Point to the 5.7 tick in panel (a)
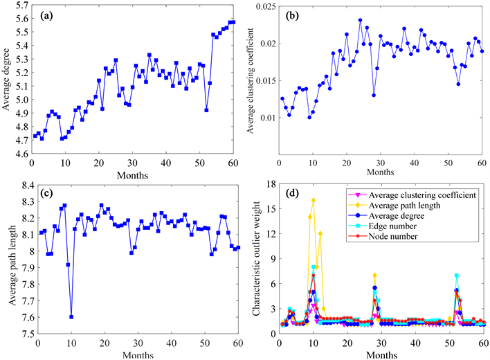pyautogui.click(x=21, y=5)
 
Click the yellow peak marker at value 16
pyautogui.click(x=314, y=200)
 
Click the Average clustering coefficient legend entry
pyautogui.click(x=416, y=196)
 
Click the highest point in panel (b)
pyautogui.click(x=361, y=20)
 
